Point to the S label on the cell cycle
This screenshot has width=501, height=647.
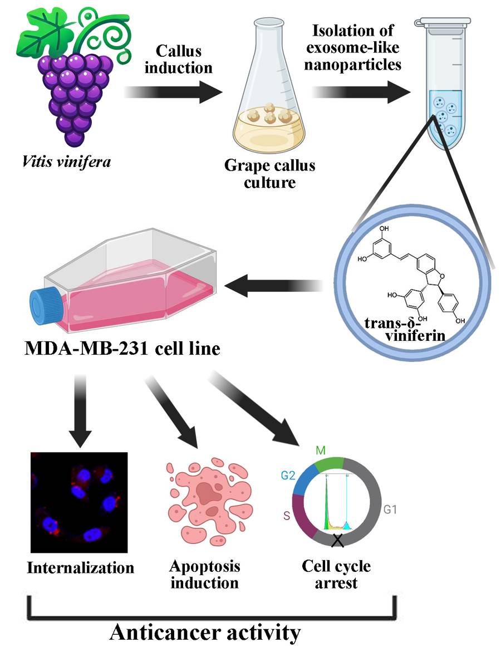coord(286,516)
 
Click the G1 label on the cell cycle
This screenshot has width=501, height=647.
coord(390,509)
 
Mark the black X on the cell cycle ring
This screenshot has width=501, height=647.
coord(336,540)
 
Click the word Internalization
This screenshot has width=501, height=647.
coord(81,567)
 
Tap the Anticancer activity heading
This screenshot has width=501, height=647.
coord(205,632)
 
